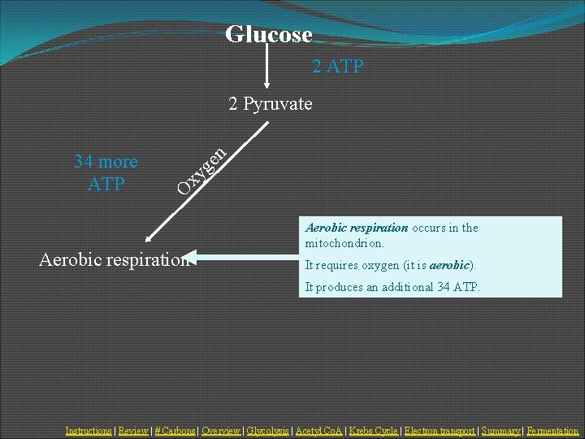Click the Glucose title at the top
268,34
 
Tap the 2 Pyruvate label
271,104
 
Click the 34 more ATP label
106,172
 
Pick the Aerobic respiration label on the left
114,259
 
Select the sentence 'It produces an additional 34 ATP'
392,287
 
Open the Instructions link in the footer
89,431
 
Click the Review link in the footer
133,431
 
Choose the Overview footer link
221,431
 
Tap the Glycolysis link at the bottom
267,431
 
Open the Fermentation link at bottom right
552,431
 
